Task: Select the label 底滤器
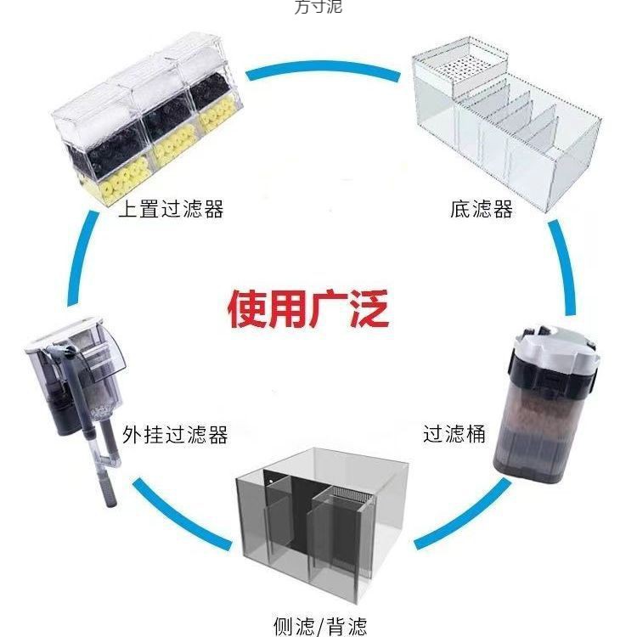482,209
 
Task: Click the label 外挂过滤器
175,436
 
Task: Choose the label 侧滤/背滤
320,626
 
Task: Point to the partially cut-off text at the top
318,7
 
